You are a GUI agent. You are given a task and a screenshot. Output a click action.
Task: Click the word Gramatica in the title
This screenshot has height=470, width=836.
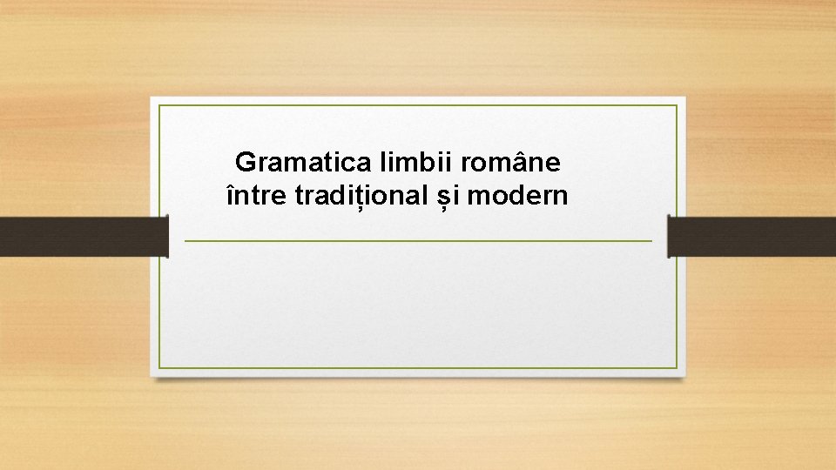[303, 162]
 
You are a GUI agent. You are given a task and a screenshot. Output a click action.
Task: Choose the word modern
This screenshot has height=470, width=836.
[517, 197]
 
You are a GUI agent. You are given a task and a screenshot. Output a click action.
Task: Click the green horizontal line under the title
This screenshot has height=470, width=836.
[418, 240]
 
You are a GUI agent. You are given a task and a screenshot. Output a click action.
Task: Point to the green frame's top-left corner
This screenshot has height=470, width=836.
[159, 106]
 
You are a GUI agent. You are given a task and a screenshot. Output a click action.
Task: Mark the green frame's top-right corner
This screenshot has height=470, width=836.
[677, 106]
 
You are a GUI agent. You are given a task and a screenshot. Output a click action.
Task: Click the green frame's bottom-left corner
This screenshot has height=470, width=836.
[159, 367]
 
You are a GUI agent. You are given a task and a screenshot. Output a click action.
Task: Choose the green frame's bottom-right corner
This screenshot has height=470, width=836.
[677, 367]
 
